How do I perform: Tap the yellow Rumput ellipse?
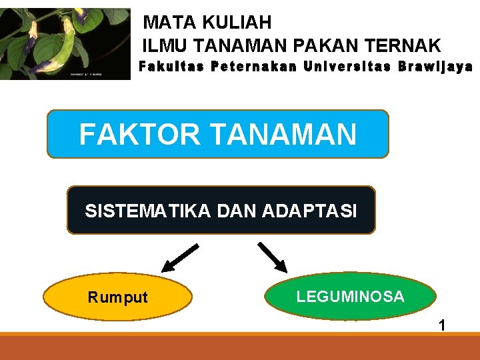[x=118, y=297]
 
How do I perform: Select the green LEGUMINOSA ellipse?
[x=351, y=297]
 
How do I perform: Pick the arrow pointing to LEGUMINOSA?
[x=271, y=257]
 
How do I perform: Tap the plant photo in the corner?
[x=65, y=44]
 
